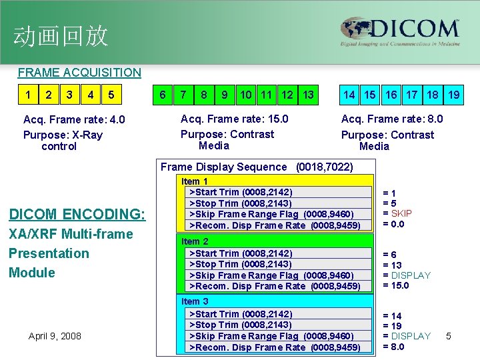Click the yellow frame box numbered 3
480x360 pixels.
(69, 95)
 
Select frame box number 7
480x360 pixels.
(183, 95)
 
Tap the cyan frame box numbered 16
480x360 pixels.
(391, 95)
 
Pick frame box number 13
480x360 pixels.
(307, 95)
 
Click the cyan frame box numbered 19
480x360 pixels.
(453, 95)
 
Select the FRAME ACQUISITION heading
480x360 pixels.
(79, 72)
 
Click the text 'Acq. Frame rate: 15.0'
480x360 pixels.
(235, 119)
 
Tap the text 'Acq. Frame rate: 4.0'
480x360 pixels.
(74, 119)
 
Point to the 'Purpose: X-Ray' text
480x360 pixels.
(63, 135)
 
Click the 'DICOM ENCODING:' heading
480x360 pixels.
(77, 214)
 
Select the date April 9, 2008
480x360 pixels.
(55, 336)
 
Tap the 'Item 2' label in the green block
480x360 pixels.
(195, 241)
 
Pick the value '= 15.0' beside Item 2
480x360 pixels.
(395, 285)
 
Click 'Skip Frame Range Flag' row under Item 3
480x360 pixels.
(272, 336)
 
